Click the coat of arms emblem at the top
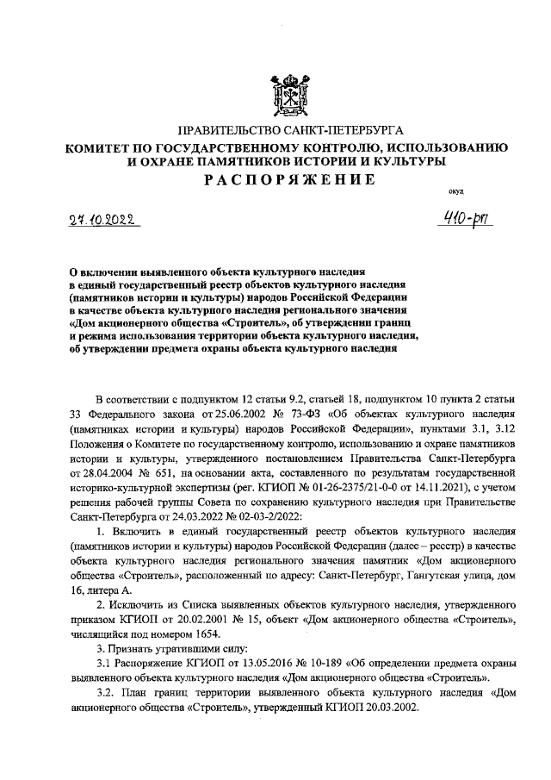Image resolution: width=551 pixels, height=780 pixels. tap(290, 93)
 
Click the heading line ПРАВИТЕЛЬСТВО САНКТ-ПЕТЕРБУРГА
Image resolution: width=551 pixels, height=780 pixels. tap(290, 131)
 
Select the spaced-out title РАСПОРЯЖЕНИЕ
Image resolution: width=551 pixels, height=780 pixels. tap(289, 179)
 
